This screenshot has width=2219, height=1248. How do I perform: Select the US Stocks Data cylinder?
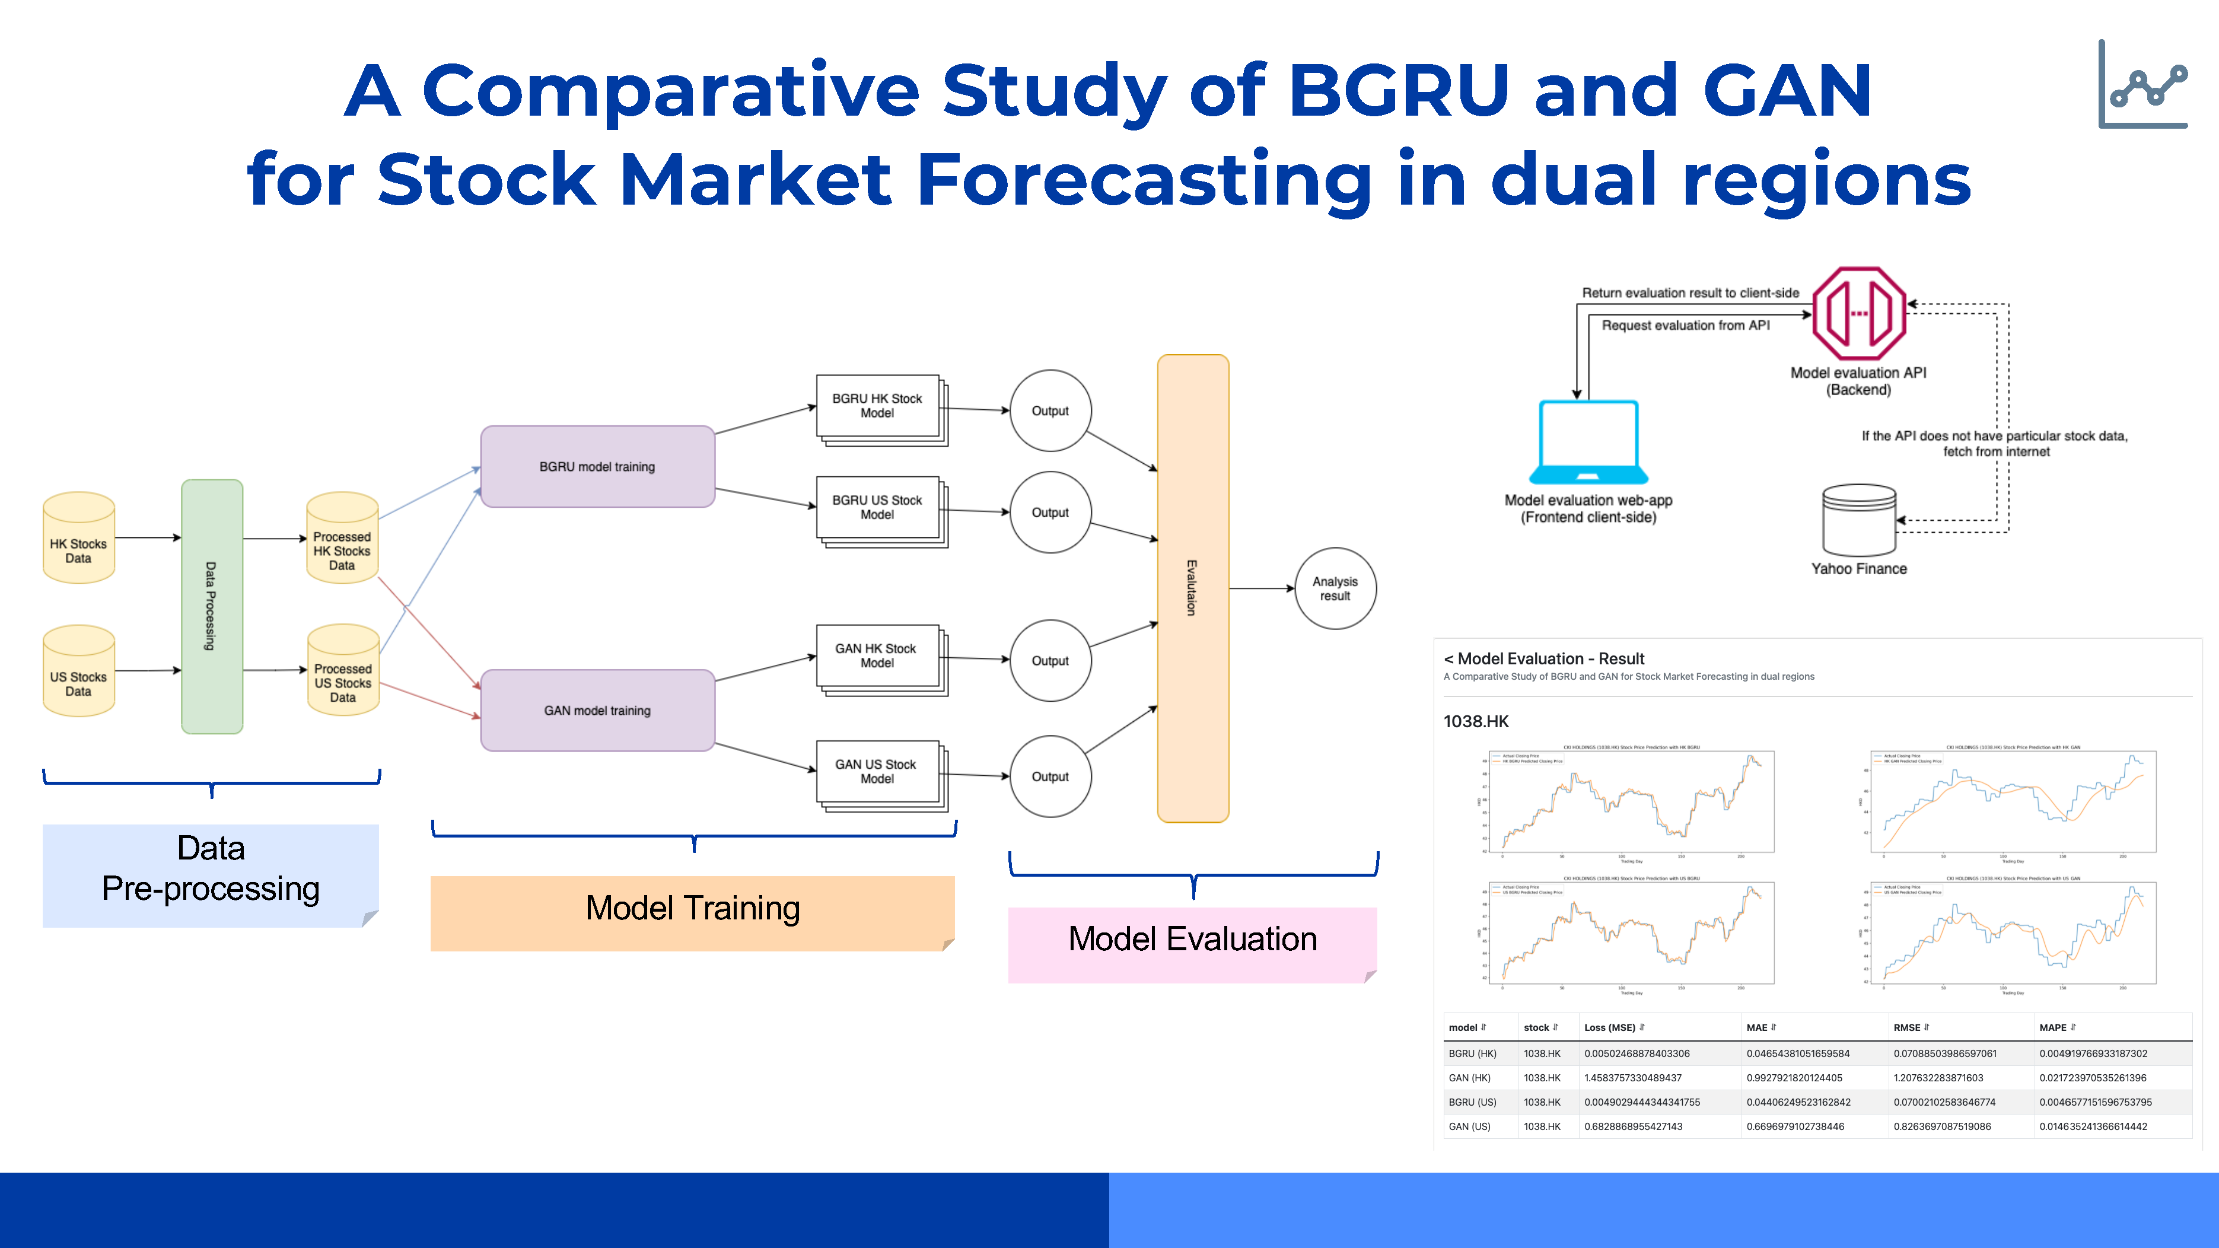pyautogui.click(x=78, y=672)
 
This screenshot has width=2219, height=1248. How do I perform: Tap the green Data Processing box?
pyautogui.click(x=212, y=606)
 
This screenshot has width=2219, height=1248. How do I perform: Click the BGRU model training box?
pyautogui.click(x=597, y=467)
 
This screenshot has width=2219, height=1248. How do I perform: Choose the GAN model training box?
pyautogui.click(x=597, y=711)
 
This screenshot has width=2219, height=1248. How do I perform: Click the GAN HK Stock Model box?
pyautogui.click(x=877, y=655)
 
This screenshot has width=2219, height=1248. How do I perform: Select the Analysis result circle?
pyautogui.click(x=1335, y=588)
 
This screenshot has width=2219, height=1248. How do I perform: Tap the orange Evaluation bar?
pyautogui.click(x=1192, y=588)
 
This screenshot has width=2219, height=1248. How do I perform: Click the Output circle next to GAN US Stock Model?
pyautogui.click(x=1050, y=776)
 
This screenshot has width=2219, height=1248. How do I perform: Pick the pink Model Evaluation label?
pyautogui.click(x=1192, y=940)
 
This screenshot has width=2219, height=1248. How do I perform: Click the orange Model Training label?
pyautogui.click(x=693, y=909)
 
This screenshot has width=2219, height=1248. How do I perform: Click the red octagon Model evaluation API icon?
pyautogui.click(x=1859, y=314)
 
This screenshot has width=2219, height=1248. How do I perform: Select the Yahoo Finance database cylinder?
pyautogui.click(x=1859, y=520)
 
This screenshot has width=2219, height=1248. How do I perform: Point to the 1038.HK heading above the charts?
pyautogui.click(x=1476, y=722)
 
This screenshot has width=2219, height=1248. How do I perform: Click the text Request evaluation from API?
pyautogui.click(x=1685, y=326)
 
